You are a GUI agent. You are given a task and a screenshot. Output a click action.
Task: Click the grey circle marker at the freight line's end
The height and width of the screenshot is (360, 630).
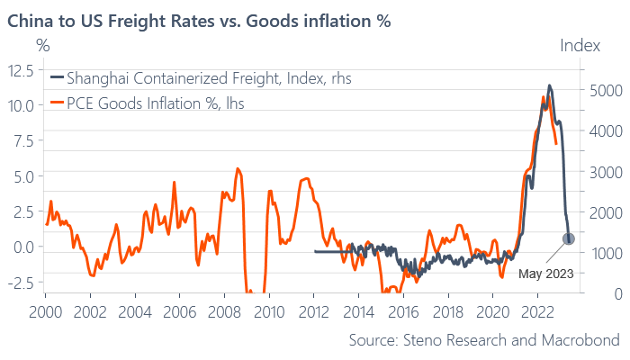pos(569,238)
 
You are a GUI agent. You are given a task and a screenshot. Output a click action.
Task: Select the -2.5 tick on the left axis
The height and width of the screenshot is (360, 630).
pos(22,282)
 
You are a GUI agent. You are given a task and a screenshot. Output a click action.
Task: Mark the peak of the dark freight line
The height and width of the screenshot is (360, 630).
pos(550,85)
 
